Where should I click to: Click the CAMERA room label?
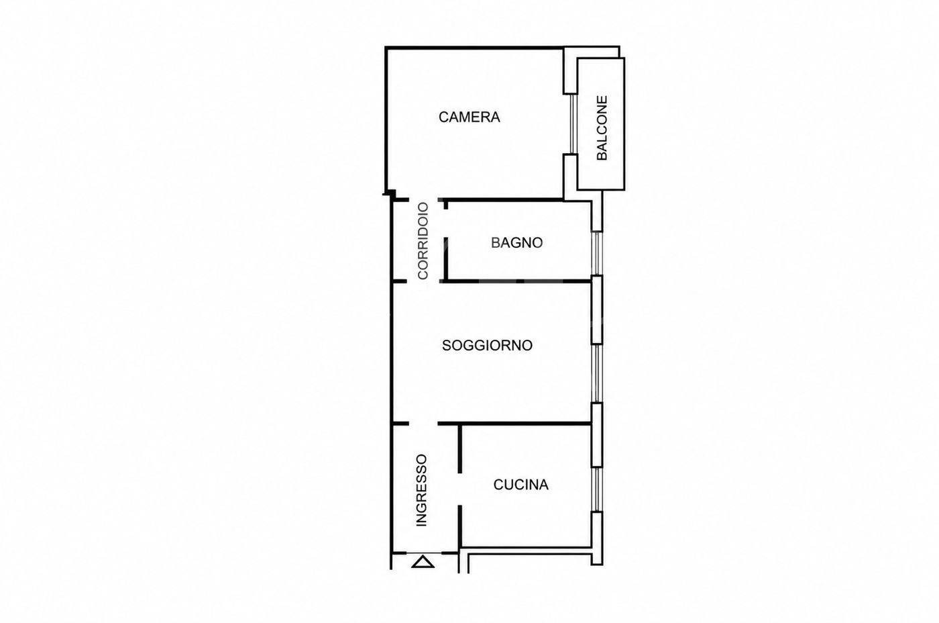(x=469, y=117)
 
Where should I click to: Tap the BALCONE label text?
(x=602, y=128)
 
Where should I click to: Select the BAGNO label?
(x=517, y=242)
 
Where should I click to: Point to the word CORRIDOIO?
(x=423, y=241)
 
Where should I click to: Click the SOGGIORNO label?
(x=487, y=345)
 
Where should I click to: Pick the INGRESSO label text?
(x=421, y=490)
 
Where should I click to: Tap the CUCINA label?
(x=520, y=485)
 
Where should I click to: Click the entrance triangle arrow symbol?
(x=423, y=561)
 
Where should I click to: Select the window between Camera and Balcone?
(x=573, y=124)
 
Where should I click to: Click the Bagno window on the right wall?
(x=597, y=253)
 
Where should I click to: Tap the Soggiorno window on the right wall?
(x=597, y=373)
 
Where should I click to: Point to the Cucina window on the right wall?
(x=597, y=489)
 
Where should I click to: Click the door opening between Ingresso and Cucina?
(x=460, y=489)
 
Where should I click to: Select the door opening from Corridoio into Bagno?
(x=445, y=223)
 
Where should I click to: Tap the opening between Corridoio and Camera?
(x=423, y=199)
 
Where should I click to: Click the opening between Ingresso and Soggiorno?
(x=423, y=424)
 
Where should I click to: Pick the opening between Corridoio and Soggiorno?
(x=423, y=281)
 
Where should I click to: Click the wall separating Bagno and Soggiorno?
(x=518, y=281)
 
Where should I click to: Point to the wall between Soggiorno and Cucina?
(x=515, y=424)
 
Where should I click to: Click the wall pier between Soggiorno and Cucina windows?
(x=597, y=435)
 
